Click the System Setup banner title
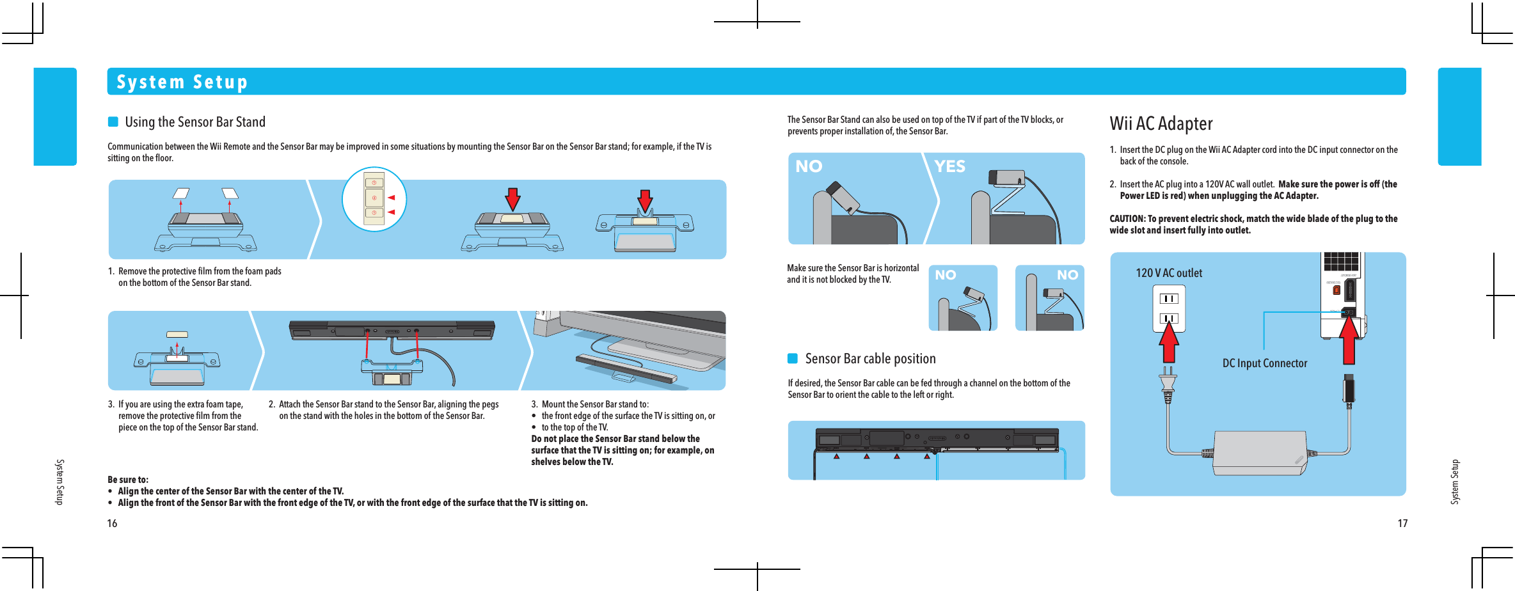point(182,82)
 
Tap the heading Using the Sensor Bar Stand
point(195,122)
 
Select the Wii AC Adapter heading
point(1161,123)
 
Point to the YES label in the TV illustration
point(949,166)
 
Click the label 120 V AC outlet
point(1168,273)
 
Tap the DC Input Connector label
point(1264,363)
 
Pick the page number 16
point(112,523)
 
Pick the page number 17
point(1402,523)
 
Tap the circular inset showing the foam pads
point(374,199)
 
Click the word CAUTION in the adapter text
point(1126,219)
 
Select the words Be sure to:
point(128,480)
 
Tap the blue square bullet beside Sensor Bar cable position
point(793,358)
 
